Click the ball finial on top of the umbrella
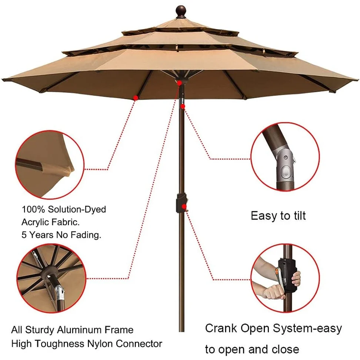pyautogui.click(x=181, y=11)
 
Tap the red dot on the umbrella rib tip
pyautogui.click(x=136, y=98)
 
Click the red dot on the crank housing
pyautogui.click(x=184, y=206)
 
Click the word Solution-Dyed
pyautogui.click(x=77, y=209)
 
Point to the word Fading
pyautogui.click(x=86, y=235)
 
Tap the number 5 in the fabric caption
pyautogui.click(x=24, y=235)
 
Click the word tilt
pyautogui.click(x=297, y=216)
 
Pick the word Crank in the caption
pyautogui.click(x=221, y=328)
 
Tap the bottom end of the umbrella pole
pyautogui.click(x=181, y=331)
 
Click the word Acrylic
pyautogui.click(x=35, y=222)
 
